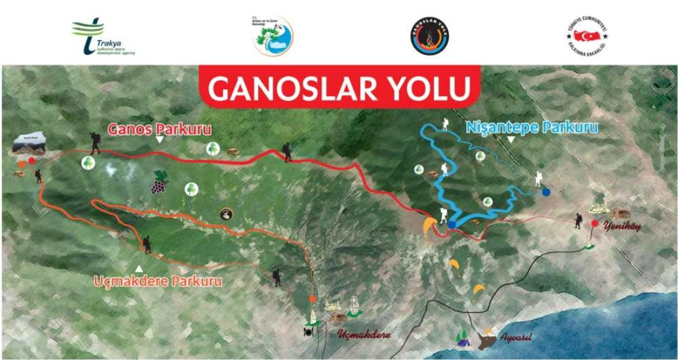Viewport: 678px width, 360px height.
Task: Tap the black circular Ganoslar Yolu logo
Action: click(x=430, y=36)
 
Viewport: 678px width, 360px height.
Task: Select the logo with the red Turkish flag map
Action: click(x=586, y=36)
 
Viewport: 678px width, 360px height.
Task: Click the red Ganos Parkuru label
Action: click(x=160, y=129)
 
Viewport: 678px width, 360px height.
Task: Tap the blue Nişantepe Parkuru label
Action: click(x=532, y=128)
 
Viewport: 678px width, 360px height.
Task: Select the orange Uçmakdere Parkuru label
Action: click(x=158, y=281)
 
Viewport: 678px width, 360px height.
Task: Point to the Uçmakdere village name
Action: click(x=364, y=335)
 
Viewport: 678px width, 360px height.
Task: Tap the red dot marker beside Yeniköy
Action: click(x=594, y=223)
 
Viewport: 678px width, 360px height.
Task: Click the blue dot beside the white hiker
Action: click(x=546, y=192)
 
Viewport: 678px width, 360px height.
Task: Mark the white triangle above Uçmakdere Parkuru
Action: click(x=139, y=268)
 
